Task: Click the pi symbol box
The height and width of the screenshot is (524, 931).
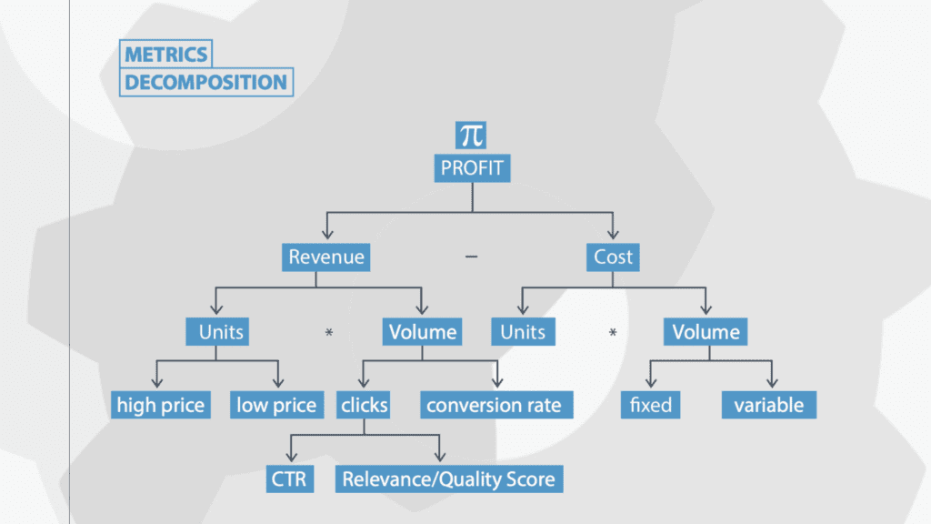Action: (471, 136)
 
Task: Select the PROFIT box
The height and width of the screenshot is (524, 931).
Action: (472, 168)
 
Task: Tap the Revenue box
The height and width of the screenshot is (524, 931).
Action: (326, 257)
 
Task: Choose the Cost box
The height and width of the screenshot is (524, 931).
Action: (613, 257)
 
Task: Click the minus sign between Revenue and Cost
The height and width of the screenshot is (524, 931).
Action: (471, 257)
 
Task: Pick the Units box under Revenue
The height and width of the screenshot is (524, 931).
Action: (217, 331)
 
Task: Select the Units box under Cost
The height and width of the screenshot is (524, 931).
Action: (523, 331)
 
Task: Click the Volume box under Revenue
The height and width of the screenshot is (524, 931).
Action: (422, 331)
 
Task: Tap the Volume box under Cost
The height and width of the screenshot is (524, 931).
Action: (706, 331)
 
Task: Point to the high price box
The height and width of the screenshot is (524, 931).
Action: (160, 405)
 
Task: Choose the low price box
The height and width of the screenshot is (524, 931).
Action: (276, 405)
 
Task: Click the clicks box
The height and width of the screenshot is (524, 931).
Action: (364, 405)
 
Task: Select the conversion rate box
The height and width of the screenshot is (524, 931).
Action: (497, 405)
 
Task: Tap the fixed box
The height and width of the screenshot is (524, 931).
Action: (651, 405)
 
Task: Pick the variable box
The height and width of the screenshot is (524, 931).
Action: (769, 405)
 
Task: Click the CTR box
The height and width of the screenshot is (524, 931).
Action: (290, 479)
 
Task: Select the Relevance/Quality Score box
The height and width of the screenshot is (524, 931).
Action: (449, 479)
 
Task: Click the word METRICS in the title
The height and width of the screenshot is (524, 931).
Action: (166, 55)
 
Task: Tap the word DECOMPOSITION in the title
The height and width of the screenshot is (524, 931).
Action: (206, 82)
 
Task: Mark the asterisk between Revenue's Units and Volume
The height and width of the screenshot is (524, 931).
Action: (329, 333)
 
